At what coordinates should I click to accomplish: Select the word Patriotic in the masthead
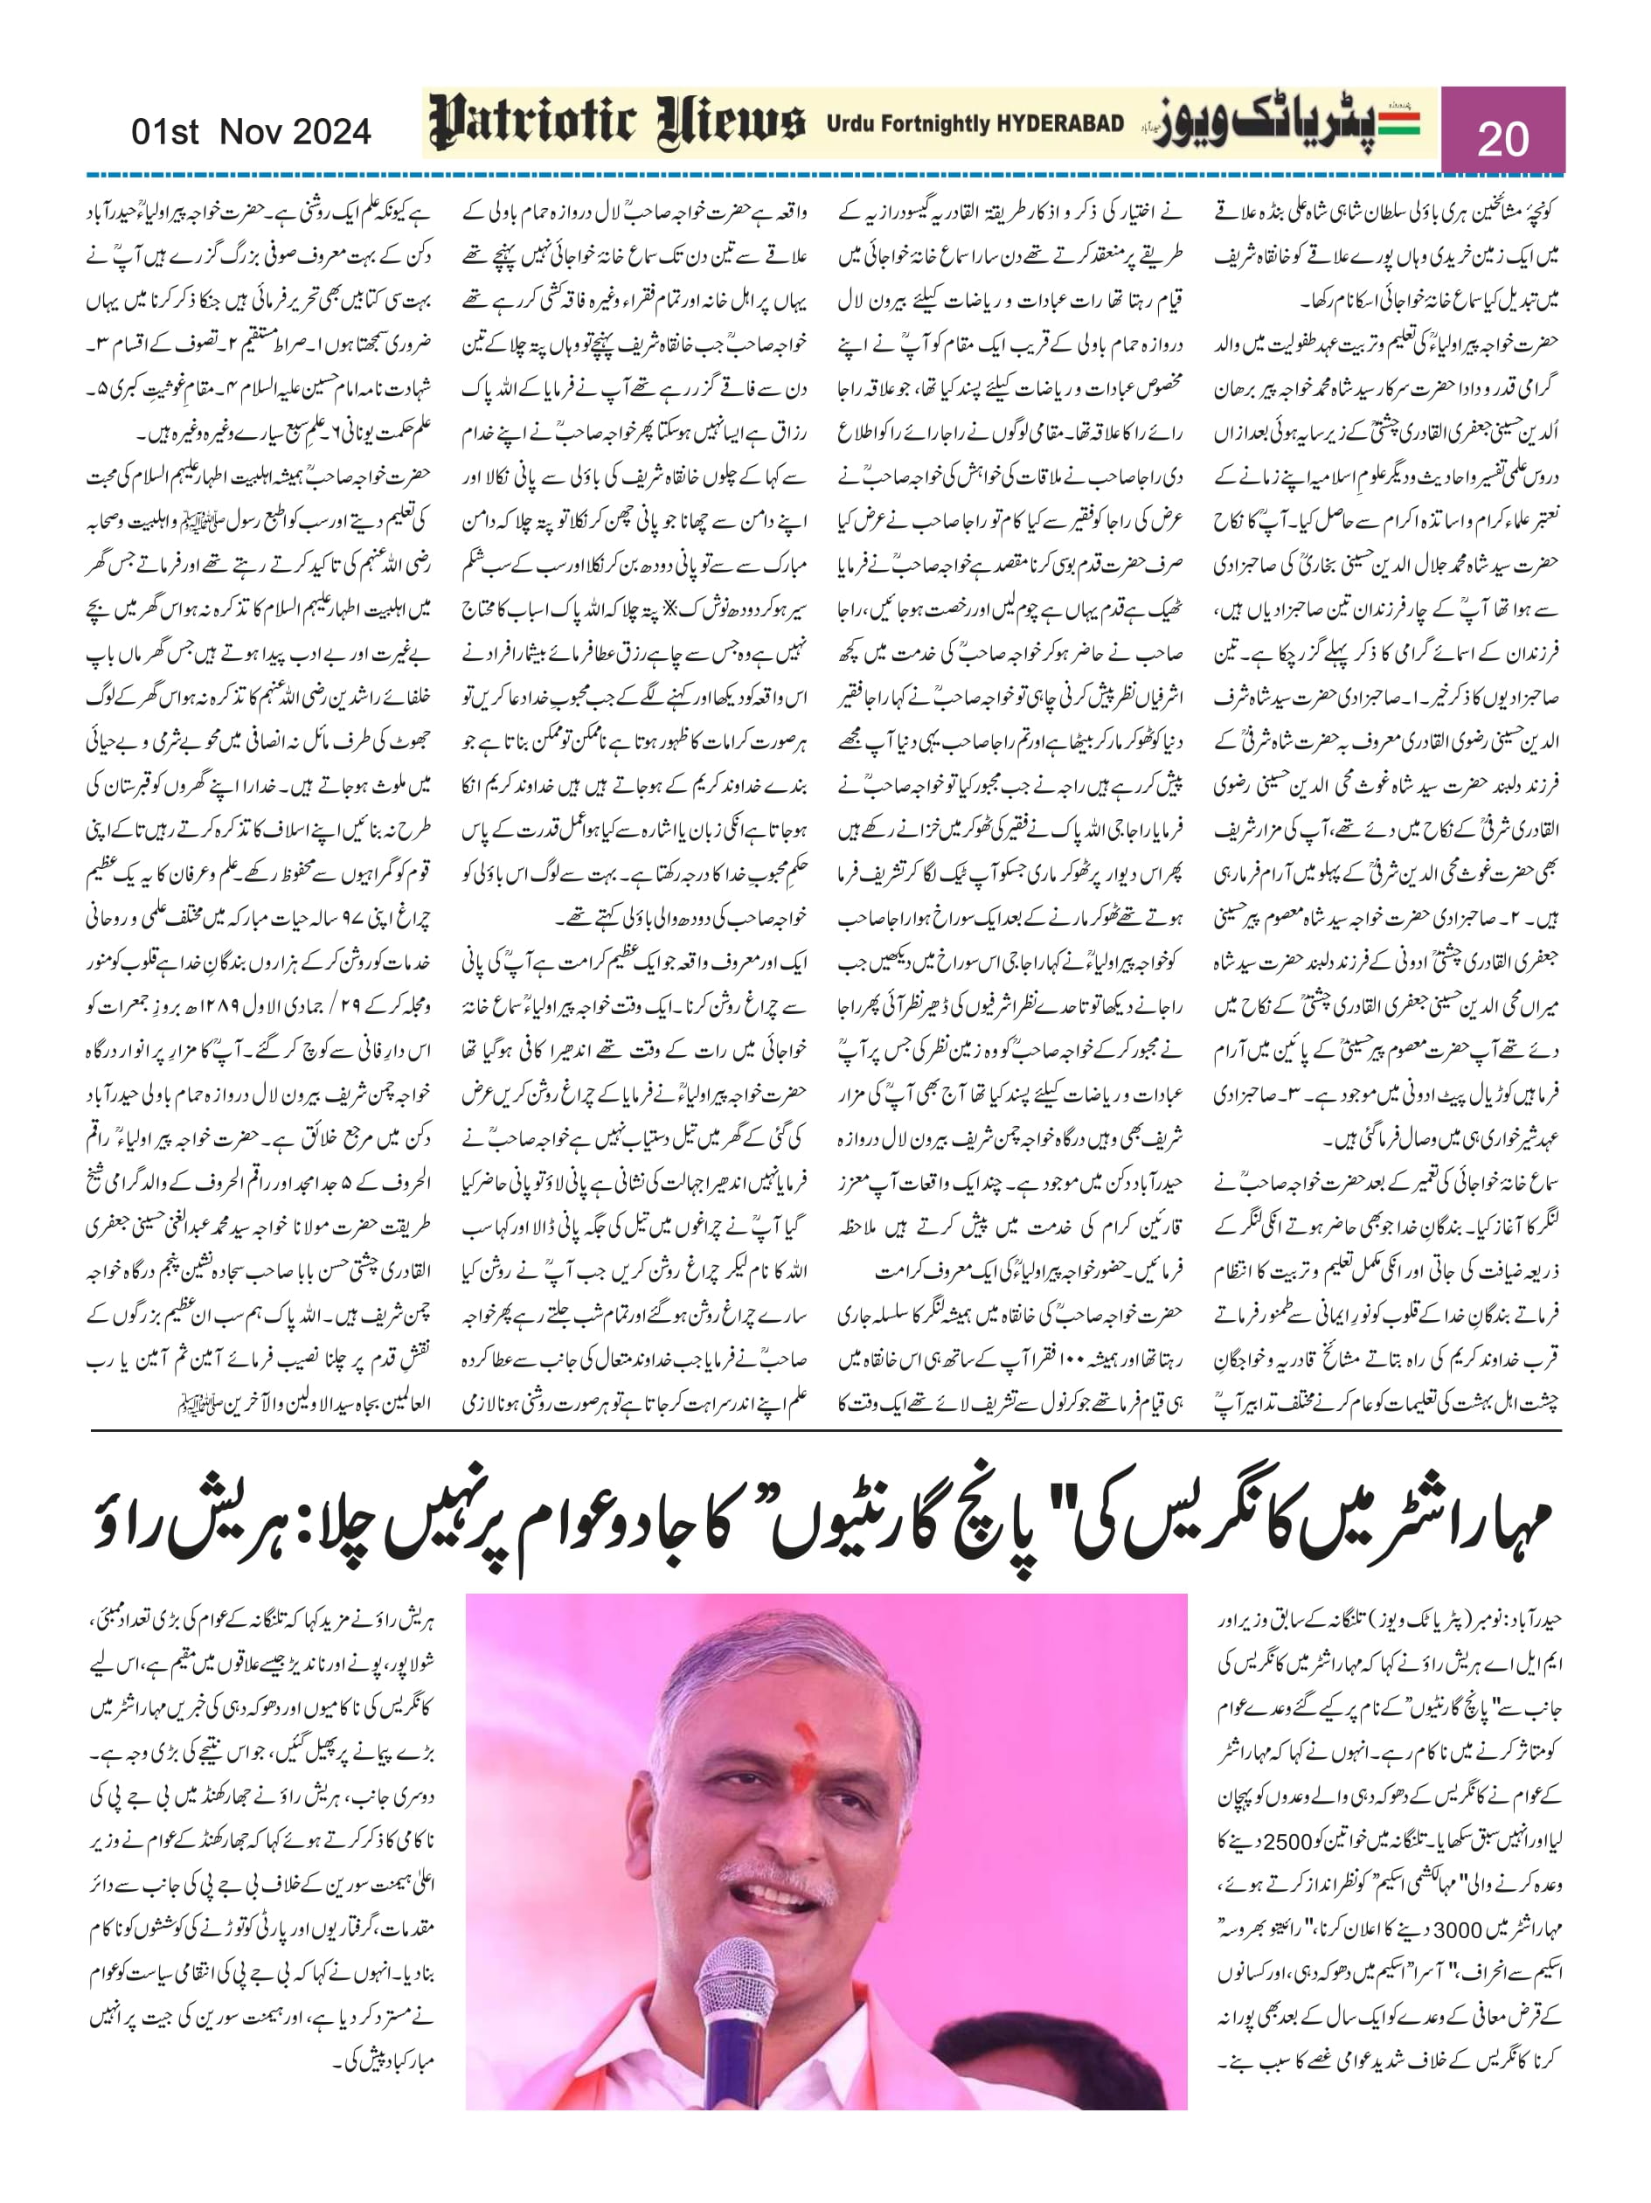pos(531,123)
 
